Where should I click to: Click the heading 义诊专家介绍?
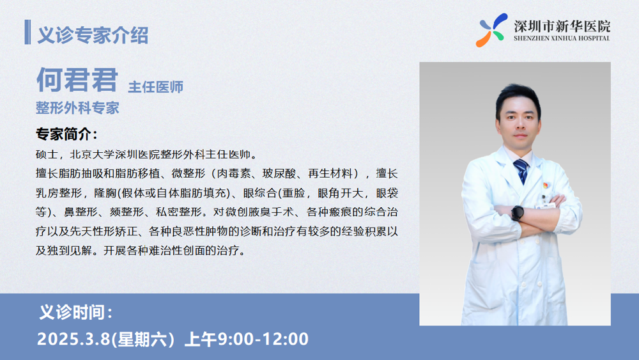pos(93,35)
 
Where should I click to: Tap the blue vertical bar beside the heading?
pos(27,32)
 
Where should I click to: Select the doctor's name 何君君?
pos(77,79)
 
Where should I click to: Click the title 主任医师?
pos(156,87)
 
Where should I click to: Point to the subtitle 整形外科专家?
pos(77,108)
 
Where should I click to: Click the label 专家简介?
pos(66,134)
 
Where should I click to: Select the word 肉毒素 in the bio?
pos(233,174)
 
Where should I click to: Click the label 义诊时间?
pos(76,312)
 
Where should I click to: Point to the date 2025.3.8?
pos(73,339)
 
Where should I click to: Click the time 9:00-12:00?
pos(263,339)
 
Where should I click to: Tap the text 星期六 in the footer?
pos(142,339)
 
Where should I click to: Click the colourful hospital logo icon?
pos(492,30)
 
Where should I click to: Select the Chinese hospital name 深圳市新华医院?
pos(562,26)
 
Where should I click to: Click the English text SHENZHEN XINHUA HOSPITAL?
pos(562,38)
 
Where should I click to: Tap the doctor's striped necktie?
pos(521,171)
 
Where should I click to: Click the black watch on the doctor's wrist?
pos(518,213)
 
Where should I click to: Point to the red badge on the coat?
pos(544,185)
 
